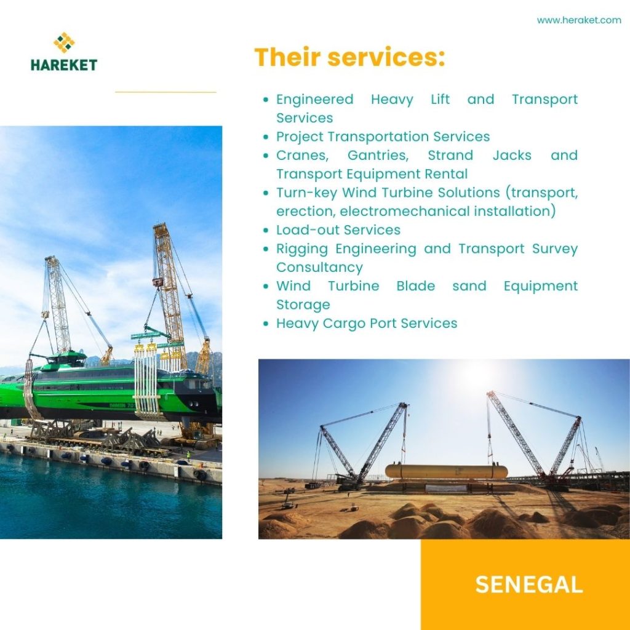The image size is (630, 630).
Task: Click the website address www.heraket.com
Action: tap(578, 20)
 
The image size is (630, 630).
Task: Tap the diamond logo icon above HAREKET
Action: tap(64, 42)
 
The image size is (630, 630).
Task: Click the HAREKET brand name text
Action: tap(64, 65)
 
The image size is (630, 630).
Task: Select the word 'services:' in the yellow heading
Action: tap(386, 57)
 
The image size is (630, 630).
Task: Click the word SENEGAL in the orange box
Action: tap(528, 584)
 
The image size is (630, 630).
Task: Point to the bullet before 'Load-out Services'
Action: tap(266, 230)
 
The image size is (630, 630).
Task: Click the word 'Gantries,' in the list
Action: tap(378, 156)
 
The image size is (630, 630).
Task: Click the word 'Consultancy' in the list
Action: tap(319, 267)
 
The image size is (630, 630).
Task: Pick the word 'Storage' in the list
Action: tap(303, 305)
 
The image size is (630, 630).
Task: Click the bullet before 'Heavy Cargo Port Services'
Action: tap(266, 324)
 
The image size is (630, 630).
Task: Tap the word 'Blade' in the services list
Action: tap(415, 285)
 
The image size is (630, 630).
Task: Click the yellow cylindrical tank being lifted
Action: tap(446, 471)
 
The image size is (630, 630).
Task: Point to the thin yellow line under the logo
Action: tap(165, 92)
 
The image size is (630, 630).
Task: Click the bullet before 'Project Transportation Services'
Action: tap(266, 137)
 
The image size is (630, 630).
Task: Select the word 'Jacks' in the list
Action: tap(512, 156)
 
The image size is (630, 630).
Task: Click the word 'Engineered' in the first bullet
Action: tap(315, 100)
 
